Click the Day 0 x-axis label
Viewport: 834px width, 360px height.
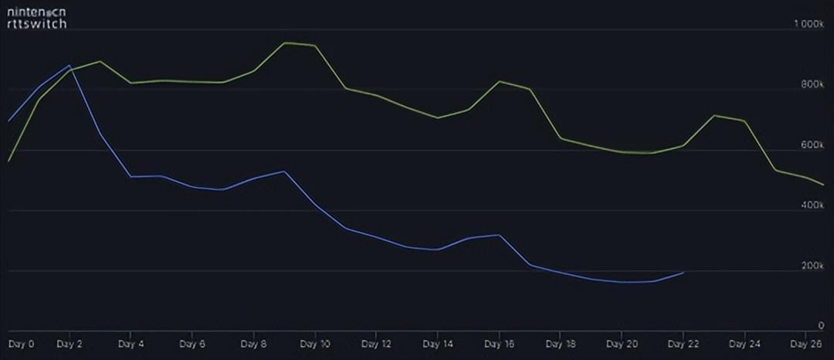tap(22, 343)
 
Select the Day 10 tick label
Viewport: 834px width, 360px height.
tap(314, 343)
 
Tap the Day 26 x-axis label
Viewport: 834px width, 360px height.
tap(805, 343)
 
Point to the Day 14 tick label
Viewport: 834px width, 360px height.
tap(437, 343)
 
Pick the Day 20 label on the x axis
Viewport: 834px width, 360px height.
tap(621, 343)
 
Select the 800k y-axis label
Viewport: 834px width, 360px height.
tap(813, 85)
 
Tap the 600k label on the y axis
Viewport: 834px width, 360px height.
tap(813, 145)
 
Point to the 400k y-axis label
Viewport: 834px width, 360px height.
tap(813, 205)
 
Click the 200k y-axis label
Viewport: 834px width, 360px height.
tap(813, 266)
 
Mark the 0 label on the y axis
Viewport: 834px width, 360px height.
tap(821, 326)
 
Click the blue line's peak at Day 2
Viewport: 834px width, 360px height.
tap(69, 66)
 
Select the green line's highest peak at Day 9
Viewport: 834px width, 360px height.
tap(285, 42)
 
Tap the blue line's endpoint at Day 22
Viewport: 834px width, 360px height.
tap(683, 272)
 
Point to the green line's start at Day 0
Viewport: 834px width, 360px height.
tap(8, 161)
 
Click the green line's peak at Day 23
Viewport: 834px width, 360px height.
tap(714, 115)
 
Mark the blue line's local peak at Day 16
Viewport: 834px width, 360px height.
tap(500, 235)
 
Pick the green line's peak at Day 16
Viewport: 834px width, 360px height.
tap(500, 81)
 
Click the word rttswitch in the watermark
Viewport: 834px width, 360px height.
tap(37, 24)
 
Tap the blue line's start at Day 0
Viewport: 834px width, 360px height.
tap(8, 121)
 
